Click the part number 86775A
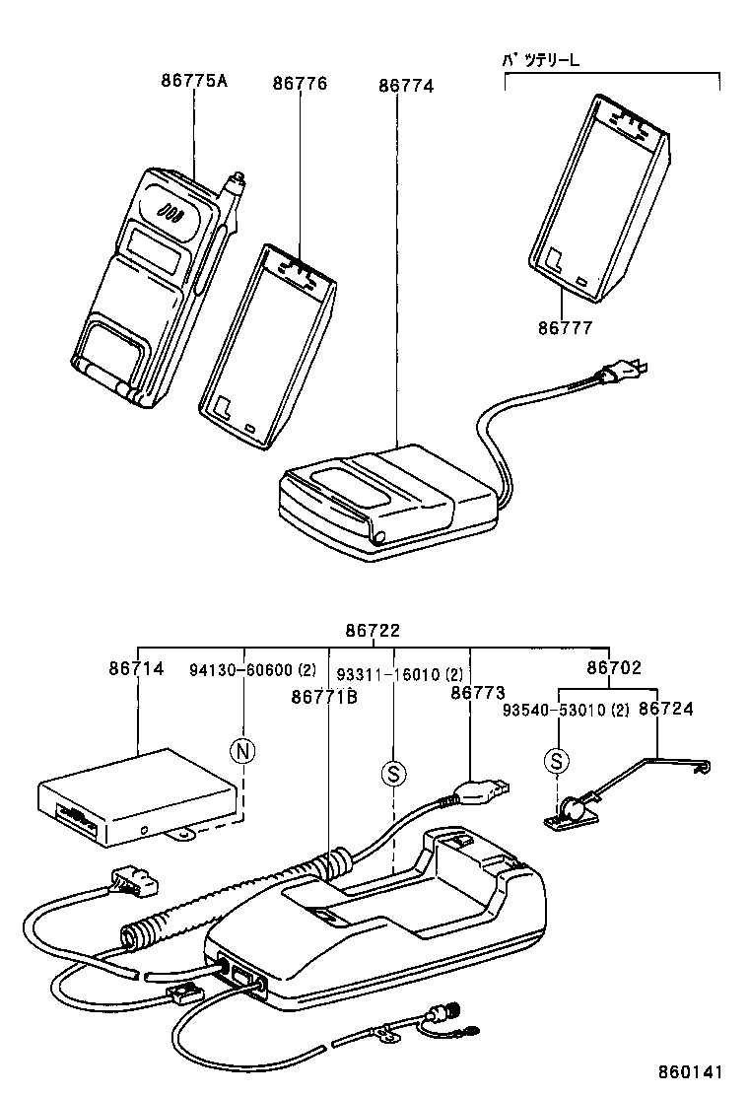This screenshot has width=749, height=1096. pyautogui.click(x=193, y=82)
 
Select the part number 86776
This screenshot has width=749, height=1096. pyautogui.click(x=300, y=85)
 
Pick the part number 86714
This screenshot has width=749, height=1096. pyautogui.click(x=136, y=668)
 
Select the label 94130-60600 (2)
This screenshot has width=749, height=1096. pyautogui.click(x=252, y=670)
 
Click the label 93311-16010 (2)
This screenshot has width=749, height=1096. pyautogui.click(x=399, y=675)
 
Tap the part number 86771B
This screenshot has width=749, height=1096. pyautogui.click(x=323, y=697)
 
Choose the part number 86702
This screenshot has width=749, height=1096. pyautogui.click(x=614, y=668)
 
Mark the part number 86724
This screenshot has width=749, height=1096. pyautogui.click(x=666, y=709)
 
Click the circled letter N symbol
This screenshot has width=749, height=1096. pyautogui.click(x=241, y=752)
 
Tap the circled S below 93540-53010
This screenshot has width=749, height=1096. pyautogui.click(x=557, y=760)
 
